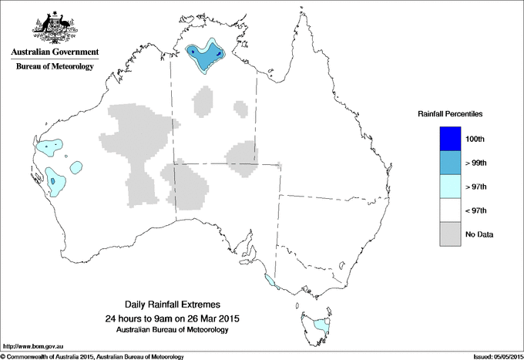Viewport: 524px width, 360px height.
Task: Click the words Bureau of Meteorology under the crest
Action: click(x=55, y=67)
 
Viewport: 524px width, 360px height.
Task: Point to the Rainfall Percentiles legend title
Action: click(x=450, y=114)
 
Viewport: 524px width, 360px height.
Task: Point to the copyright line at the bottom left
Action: click(x=92, y=356)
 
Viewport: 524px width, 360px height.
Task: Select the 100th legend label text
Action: click(x=475, y=139)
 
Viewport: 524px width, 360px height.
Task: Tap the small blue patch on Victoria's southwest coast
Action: click(x=268, y=281)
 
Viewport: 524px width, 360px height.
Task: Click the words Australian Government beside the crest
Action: click(x=55, y=52)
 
